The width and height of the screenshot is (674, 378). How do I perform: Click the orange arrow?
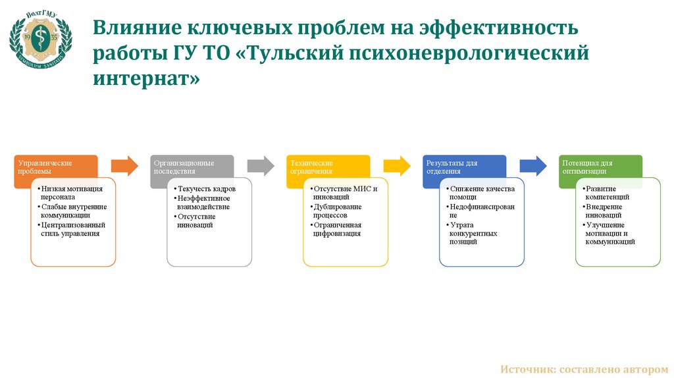coord(124,166)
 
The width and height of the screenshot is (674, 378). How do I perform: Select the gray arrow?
coord(261,166)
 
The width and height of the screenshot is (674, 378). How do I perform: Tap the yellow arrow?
coord(397,166)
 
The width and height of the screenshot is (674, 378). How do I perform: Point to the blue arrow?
coord(533,166)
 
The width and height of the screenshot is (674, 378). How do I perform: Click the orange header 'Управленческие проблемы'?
coord(55,167)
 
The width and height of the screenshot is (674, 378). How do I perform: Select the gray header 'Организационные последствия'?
coord(192,167)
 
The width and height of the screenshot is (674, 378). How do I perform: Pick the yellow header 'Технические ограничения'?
coord(328,167)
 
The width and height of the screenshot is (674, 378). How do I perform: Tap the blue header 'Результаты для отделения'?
coord(464,167)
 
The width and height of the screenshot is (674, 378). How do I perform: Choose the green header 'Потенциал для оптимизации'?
coord(600,167)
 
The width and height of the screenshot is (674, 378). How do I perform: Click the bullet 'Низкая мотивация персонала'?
coord(71,193)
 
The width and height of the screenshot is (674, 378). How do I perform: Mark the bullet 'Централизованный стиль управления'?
coord(72,229)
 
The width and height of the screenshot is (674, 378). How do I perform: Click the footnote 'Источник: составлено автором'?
coord(584,369)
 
